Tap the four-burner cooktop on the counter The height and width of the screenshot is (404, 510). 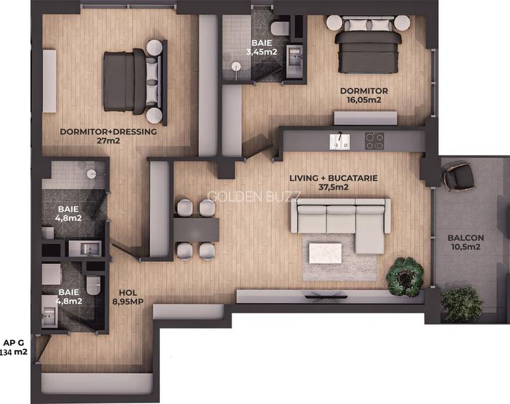pyautogui.click(x=375, y=141)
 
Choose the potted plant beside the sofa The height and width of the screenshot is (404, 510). pyautogui.click(x=405, y=276)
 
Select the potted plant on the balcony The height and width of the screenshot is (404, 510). pyautogui.click(x=461, y=303)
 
